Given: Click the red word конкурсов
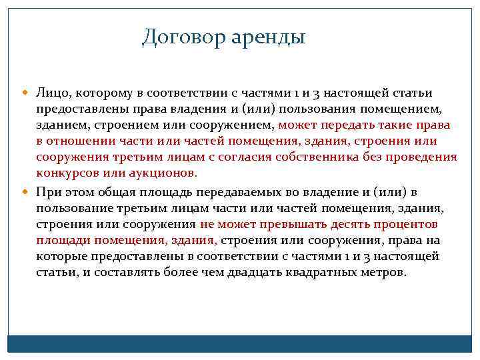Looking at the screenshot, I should [65, 173].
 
